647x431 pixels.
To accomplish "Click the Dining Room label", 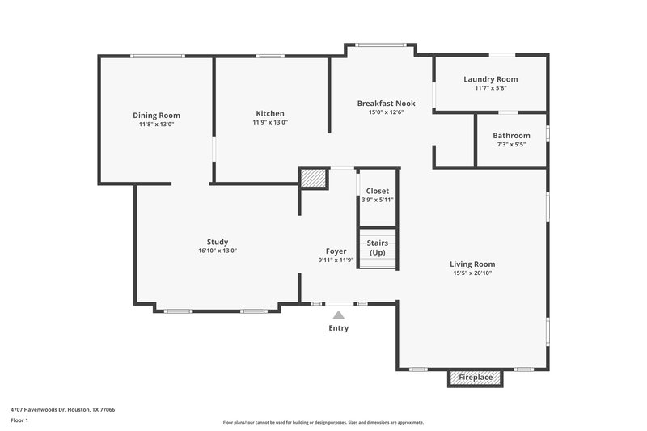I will [x=157, y=115].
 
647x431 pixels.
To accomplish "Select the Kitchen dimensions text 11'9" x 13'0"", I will [x=270, y=123].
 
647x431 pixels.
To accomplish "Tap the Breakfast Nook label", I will [x=386, y=104].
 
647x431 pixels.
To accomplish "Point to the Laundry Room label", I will [x=490, y=79].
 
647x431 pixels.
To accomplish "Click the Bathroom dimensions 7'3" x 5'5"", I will [x=511, y=145].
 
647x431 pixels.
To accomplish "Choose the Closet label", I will [x=378, y=191].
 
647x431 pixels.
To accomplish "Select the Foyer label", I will [x=336, y=251].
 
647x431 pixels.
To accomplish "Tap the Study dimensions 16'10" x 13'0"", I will [x=217, y=251].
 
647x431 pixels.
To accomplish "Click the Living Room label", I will [x=472, y=264].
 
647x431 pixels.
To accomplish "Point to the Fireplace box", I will [x=476, y=378].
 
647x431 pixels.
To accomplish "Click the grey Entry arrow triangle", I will [x=339, y=315].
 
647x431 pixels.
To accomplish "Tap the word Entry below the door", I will [x=339, y=328].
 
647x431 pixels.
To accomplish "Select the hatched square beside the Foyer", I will [x=312, y=178].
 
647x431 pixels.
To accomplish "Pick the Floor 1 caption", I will [x=20, y=421].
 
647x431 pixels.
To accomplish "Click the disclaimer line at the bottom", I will [x=323, y=422].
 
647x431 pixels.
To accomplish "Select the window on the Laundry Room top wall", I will [x=501, y=55].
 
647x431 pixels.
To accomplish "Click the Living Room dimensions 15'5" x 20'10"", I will [x=472, y=273].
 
